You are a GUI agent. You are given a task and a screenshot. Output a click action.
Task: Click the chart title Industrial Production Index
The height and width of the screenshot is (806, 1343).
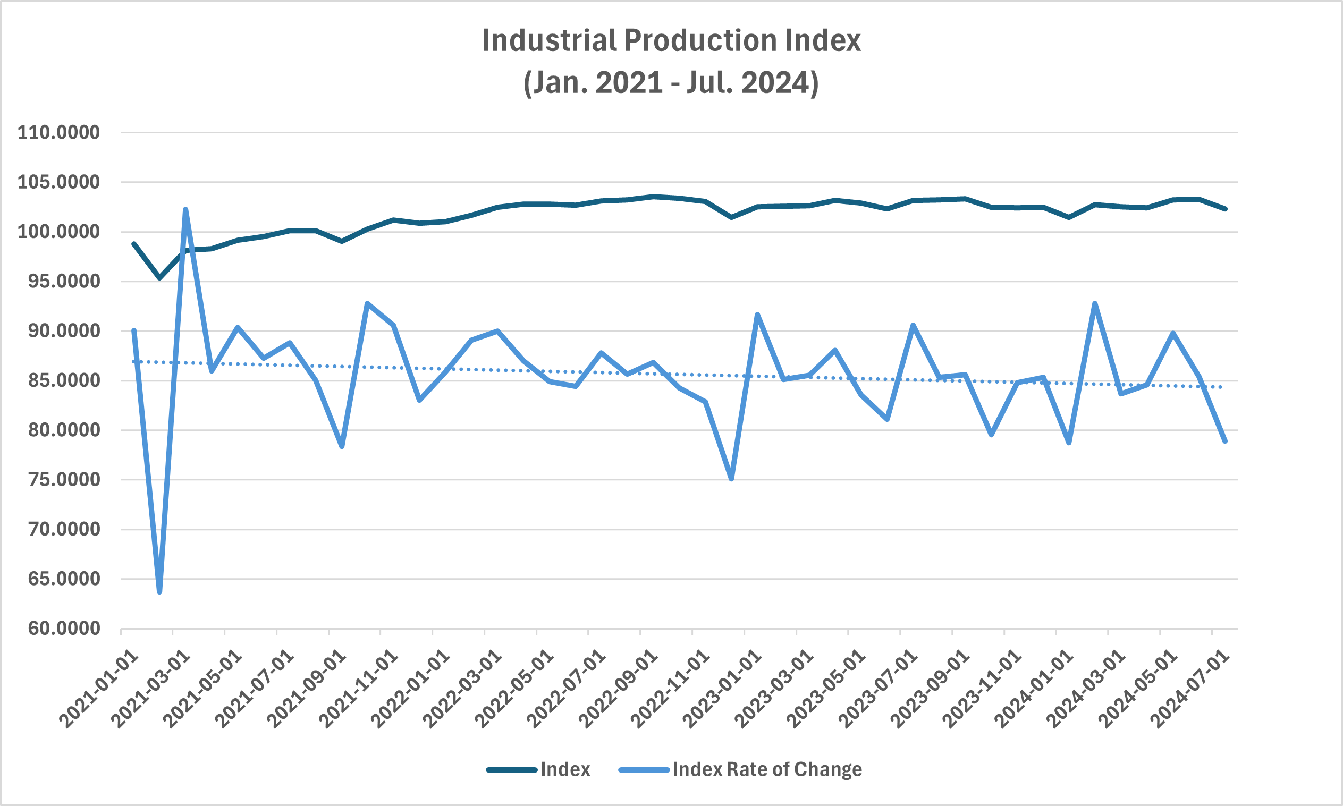[x=672, y=41]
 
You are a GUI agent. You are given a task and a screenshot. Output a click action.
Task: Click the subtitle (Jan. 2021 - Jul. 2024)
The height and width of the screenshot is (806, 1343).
[x=672, y=82]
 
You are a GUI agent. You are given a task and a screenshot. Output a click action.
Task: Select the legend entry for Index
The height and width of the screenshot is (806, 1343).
[x=565, y=770]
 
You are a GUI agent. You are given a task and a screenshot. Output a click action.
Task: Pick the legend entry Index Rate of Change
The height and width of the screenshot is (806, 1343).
[x=767, y=770]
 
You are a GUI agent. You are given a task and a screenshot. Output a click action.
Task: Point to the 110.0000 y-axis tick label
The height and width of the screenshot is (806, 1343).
[x=58, y=132]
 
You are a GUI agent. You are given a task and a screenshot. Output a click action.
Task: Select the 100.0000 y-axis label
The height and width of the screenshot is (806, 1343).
[x=58, y=232]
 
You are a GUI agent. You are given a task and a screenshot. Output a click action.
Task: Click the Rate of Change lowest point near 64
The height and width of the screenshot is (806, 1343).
[x=159, y=591]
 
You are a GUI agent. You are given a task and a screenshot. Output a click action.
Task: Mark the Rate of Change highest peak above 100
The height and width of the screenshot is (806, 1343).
[x=186, y=210]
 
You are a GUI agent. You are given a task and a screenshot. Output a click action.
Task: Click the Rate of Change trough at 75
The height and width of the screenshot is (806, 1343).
[x=731, y=479]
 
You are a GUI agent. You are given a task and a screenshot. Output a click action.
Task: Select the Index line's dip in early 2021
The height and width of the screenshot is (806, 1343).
[x=159, y=278]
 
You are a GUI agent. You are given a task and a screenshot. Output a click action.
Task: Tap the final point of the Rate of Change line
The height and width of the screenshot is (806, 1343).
[x=1225, y=442]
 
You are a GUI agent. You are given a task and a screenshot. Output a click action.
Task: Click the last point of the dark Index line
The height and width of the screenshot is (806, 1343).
[x=1225, y=209]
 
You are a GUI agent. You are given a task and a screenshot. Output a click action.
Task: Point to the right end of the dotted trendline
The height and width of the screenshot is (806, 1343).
[x=1222, y=387]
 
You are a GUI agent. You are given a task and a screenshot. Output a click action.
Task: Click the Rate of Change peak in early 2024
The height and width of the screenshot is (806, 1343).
[x=1095, y=303]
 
